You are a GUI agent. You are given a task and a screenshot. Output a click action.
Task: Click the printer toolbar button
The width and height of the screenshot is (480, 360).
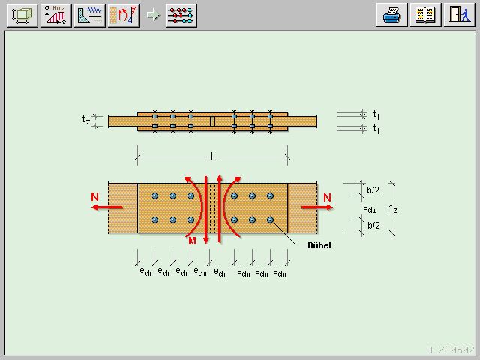tap(391, 14)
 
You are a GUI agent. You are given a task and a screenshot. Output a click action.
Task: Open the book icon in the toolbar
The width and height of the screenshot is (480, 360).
tap(424, 14)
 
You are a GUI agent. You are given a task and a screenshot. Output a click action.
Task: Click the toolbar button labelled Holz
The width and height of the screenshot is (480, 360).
tap(58, 14)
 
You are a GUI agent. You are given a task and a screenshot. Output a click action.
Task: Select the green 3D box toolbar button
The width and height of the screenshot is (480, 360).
tap(22, 14)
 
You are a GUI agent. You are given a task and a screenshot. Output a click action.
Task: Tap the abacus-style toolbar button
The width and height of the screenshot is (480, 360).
tap(181, 14)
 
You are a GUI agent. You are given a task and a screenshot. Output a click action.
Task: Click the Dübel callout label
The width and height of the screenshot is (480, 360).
tap(319, 245)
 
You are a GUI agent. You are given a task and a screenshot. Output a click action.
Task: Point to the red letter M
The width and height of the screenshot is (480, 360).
tap(192, 240)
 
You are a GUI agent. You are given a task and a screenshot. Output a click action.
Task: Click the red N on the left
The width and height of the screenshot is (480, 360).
tap(94, 197)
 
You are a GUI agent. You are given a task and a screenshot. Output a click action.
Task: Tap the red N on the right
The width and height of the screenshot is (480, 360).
tap(328, 197)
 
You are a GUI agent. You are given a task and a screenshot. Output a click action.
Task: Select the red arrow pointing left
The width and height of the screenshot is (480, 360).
tap(109, 208)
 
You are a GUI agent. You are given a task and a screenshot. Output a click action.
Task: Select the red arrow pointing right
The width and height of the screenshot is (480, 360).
tap(315, 208)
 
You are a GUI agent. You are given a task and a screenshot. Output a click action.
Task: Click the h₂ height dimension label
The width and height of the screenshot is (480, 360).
tap(392, 208)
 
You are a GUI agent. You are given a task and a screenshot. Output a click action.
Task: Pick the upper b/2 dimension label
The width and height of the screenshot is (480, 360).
tap(373, 190)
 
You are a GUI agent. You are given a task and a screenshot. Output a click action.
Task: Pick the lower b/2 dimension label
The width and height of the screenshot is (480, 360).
tap(373, 225)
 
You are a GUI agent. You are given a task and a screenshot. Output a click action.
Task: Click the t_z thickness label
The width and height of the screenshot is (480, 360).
tap(87, 120)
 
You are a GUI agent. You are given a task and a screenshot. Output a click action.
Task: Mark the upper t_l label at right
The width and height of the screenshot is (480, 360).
tap(376, 114)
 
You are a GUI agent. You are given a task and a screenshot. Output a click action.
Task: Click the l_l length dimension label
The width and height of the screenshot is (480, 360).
tap(213, 157)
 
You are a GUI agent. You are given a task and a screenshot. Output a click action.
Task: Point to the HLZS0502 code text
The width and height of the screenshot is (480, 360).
tap(451, 349)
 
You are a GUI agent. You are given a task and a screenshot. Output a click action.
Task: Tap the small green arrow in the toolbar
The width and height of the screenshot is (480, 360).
tap(153, 15)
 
